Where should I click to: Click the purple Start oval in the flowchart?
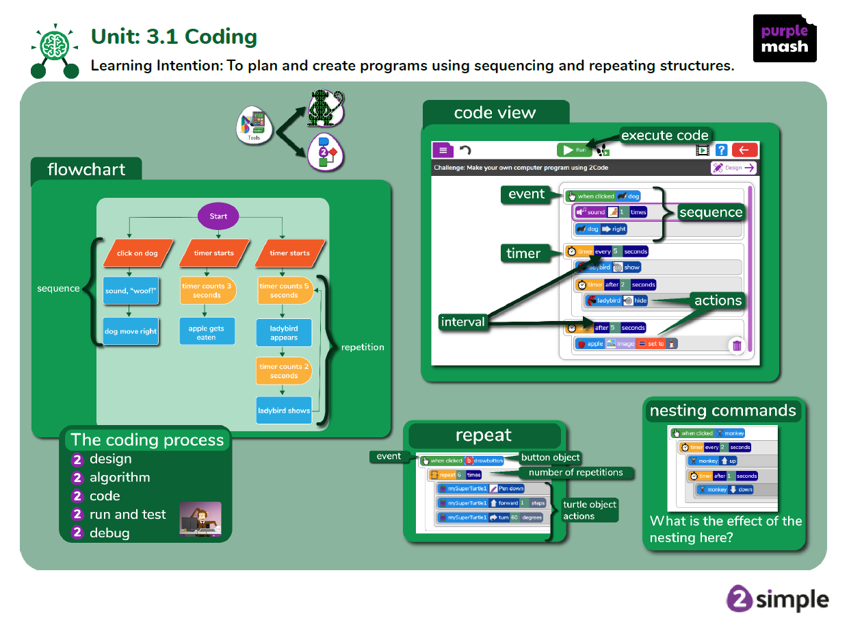pos(218,216)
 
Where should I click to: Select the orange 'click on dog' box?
pos(137,253)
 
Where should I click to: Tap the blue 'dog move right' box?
pos(131,331)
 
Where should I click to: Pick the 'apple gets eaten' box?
pos(206,333)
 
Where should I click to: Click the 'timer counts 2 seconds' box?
pos(284,371)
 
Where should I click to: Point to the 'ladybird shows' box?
pos(284,411)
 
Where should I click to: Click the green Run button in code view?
pos(575,150)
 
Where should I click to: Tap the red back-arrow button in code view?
pos(744,150)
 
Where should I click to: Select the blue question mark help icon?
pos(721,150)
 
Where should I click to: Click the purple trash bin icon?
pos(737,346)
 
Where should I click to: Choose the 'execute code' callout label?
pos(665,136)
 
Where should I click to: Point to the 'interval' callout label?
pos(462,322)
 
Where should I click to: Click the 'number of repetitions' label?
pos(576,472)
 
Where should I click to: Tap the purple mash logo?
pos(785,38)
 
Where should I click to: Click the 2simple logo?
pos(777,599)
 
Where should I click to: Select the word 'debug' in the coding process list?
pos(109,533)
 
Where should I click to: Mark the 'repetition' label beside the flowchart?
pos(363,347)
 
